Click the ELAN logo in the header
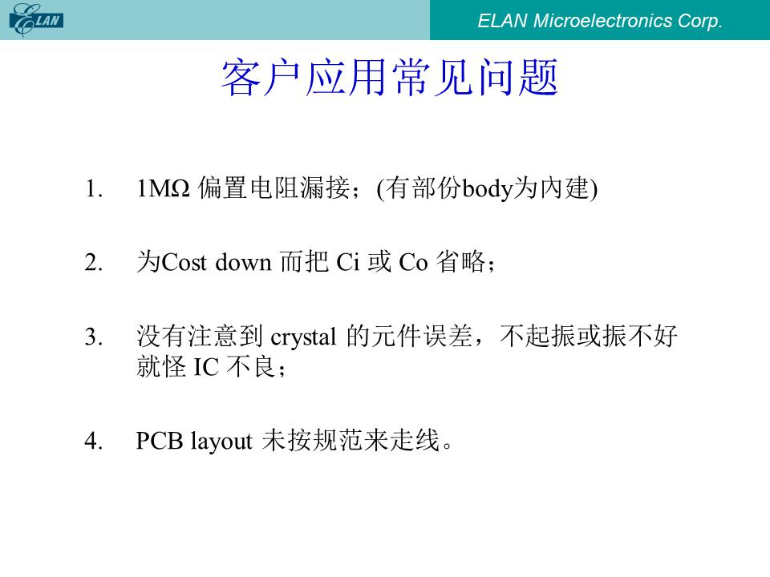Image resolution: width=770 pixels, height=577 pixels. point(36,19)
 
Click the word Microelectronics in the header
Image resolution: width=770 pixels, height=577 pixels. point(602,21)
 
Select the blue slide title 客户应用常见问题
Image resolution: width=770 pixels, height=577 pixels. point(390,77)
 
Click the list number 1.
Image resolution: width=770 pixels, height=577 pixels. point(93,189)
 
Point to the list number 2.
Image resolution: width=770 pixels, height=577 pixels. point(93,263)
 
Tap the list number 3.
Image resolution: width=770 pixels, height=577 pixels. point(93,337)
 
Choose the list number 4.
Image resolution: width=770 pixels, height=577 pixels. point(93,441)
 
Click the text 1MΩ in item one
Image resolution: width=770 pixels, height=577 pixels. point(163,189)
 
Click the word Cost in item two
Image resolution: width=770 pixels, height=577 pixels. point(184,263)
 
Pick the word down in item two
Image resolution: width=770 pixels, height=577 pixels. point(244,262)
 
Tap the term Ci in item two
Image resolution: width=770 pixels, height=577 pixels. point(348,263)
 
